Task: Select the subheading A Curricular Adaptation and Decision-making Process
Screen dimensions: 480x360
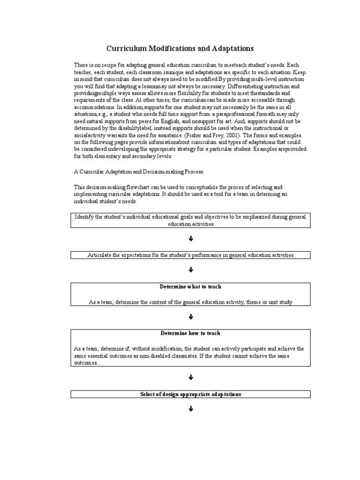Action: coord(139,171)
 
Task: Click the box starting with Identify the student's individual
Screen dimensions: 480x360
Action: coord(190,220)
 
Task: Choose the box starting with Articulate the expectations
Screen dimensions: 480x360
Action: coord(190,255)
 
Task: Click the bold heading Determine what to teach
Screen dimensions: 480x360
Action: coord(190,286)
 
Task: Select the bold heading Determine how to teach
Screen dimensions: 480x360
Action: coord(190,333)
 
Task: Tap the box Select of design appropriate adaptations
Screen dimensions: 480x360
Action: coord(190,394)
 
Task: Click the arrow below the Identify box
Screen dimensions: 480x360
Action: coord(191,239)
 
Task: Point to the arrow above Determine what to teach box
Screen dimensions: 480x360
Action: coord(191,270)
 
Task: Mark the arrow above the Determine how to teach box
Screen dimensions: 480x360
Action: coord(191,317)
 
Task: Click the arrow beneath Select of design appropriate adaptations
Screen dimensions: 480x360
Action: coord(191,409)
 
